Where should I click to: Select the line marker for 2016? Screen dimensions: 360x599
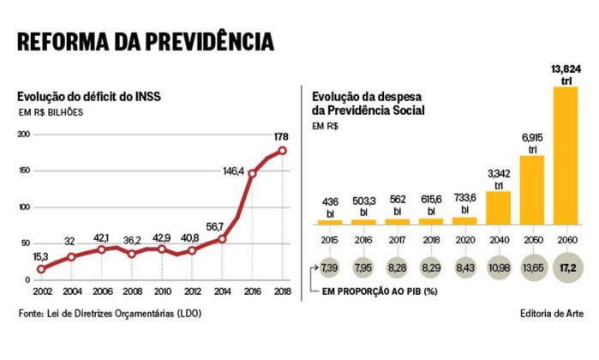252,174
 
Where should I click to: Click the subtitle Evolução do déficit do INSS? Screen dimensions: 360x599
84,96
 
